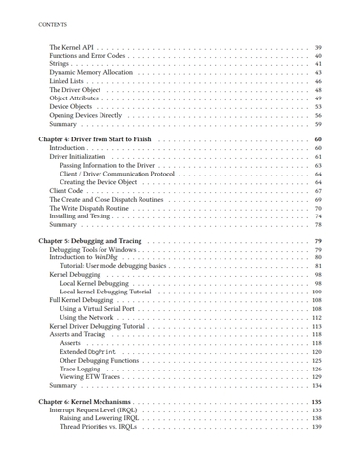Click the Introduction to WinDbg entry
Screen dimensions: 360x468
coord(89,257)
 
